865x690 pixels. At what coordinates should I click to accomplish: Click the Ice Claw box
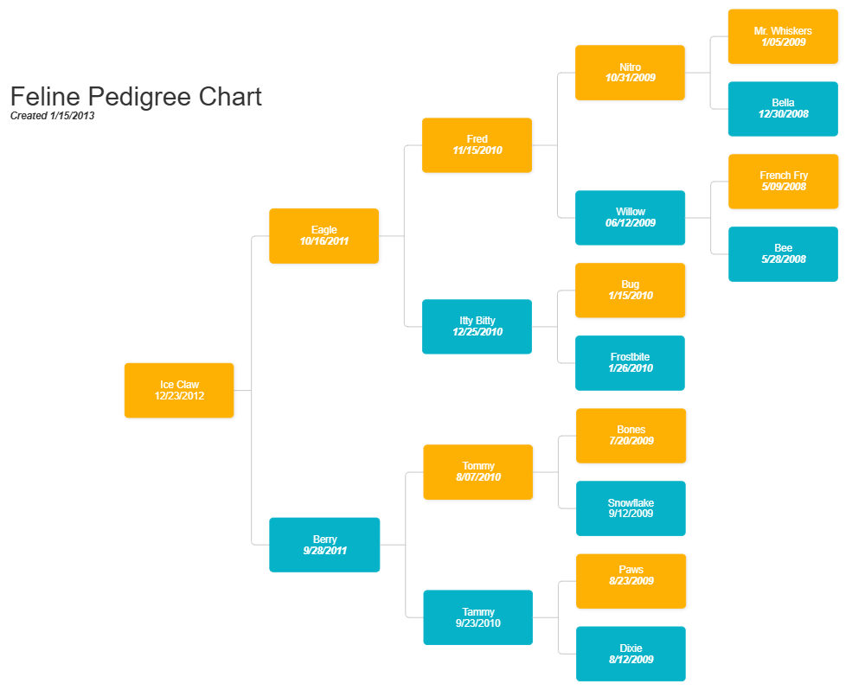179,391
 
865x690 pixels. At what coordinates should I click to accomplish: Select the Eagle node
324,236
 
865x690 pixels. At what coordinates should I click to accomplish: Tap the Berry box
324,545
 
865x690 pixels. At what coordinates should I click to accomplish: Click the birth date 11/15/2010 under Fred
477,150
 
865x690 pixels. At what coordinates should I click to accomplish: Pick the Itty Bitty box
477,327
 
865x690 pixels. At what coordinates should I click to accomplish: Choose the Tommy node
477,472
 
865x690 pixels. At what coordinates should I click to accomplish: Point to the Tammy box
477,617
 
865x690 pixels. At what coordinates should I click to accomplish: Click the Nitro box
631,73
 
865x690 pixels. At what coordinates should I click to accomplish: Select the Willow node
631,218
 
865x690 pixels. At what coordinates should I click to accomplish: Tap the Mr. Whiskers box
783,36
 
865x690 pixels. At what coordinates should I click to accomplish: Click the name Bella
783,103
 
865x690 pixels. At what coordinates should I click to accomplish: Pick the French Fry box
784,182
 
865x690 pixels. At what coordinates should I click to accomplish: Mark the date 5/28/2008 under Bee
783,259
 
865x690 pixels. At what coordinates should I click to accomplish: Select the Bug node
631,291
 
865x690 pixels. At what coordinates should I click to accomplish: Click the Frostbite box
630,363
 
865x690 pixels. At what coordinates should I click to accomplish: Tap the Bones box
631,436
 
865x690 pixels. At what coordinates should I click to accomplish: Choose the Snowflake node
631,508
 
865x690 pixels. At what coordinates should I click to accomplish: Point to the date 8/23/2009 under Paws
631,581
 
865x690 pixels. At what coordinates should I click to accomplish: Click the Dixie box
631,654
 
